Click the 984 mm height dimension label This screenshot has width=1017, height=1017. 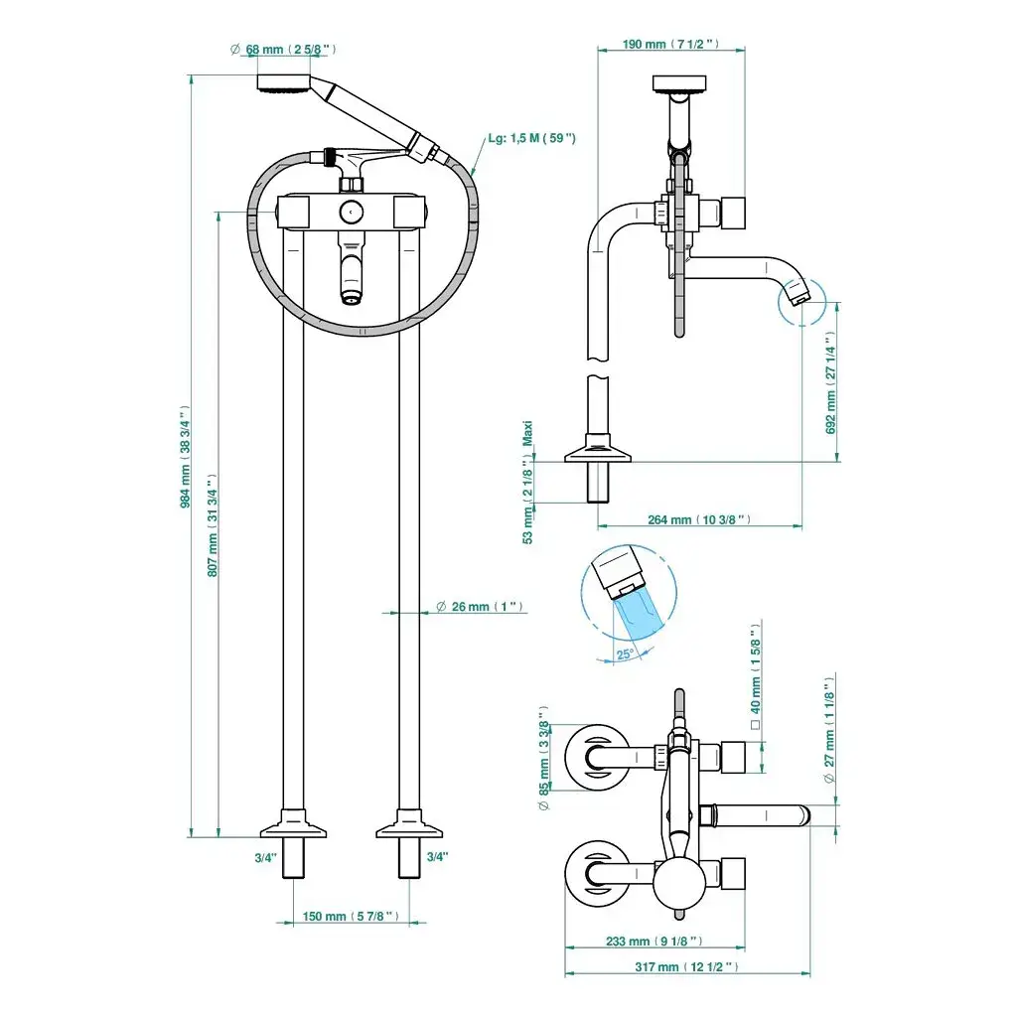point(186,457)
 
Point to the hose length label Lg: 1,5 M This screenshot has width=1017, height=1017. point(531,139)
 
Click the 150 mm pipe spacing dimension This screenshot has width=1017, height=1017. point(353,916)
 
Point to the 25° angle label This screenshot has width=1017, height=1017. point(625,654)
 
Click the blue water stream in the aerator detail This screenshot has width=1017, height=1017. point(636,610)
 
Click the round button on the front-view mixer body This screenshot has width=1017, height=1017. point(350,212)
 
